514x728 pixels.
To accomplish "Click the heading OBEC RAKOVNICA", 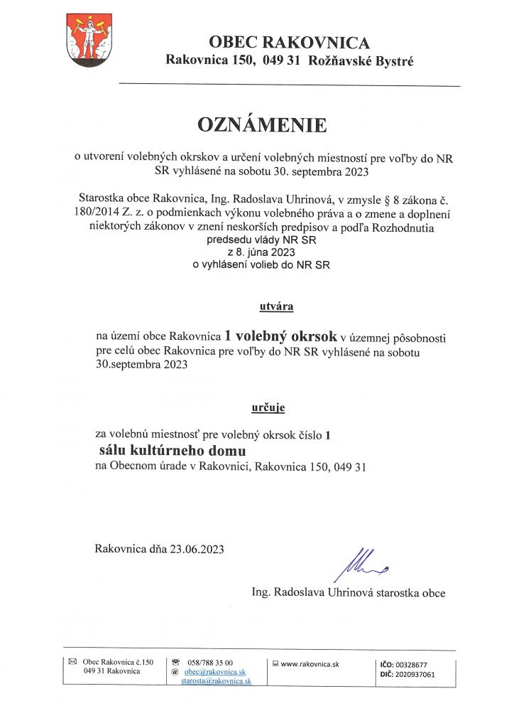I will (x=289, y=42).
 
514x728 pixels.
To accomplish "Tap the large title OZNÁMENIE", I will (x=262, y=125).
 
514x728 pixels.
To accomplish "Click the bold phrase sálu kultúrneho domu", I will (x=172, y=451).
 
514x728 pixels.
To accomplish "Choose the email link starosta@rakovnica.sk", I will (x=216, y=681).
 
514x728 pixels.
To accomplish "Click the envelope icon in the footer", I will (x=72, y=662).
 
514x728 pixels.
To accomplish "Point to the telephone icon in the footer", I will (x=175, y=662).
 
